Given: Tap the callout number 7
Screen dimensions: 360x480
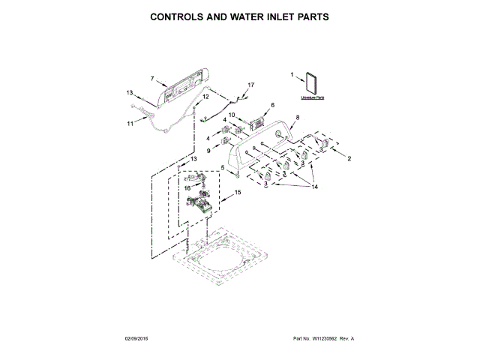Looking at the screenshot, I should point(151,78).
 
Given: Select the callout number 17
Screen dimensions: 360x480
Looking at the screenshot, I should point(251,85).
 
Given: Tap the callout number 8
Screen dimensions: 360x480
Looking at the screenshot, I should point(297,117).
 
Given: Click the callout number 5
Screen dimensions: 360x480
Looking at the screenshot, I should point(223,167).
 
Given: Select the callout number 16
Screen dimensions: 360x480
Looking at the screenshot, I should point(188,188).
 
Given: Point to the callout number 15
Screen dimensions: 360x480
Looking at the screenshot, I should point(238,193).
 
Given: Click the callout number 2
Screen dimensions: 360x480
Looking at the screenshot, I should point(349,158).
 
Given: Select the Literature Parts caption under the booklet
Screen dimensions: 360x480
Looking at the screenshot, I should point(312,98).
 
